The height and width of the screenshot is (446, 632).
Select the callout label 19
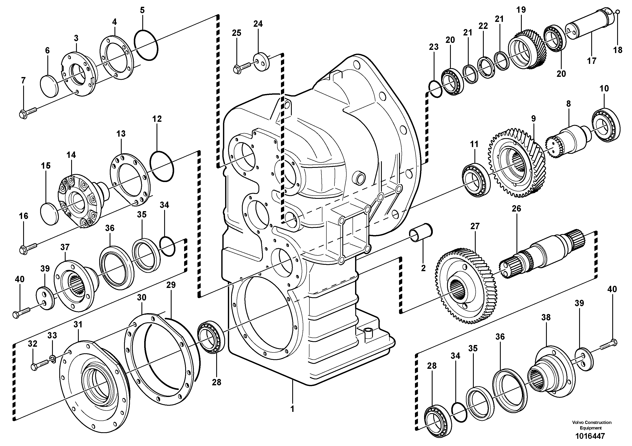[x=521, y=10]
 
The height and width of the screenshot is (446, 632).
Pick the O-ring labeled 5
[x=146, y=45]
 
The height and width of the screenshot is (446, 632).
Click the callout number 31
[x=78, y=324]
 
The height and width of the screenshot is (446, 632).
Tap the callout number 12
[x=157, y=119]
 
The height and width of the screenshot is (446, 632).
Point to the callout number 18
[x=618, y=50]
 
